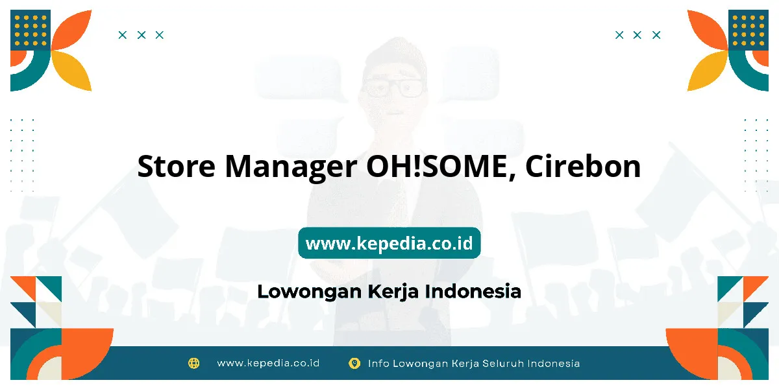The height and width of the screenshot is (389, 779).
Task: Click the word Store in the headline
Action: (177, 167)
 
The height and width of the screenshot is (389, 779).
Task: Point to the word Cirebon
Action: (583, 166)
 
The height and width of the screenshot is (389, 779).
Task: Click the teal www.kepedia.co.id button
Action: (389, 242)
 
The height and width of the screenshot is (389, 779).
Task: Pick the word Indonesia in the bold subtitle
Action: (473, 291)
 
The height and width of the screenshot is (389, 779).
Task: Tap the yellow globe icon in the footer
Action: (193, 363)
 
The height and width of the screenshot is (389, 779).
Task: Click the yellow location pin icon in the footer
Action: (354, 363)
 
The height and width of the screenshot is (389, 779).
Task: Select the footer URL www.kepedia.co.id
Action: (268, 363)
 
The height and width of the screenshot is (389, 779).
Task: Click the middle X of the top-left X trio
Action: (142, 35)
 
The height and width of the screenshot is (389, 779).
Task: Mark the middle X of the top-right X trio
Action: (637, 35)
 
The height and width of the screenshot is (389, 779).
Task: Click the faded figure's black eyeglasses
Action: (393, 88)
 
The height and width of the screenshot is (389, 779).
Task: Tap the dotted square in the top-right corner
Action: (748, 30)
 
